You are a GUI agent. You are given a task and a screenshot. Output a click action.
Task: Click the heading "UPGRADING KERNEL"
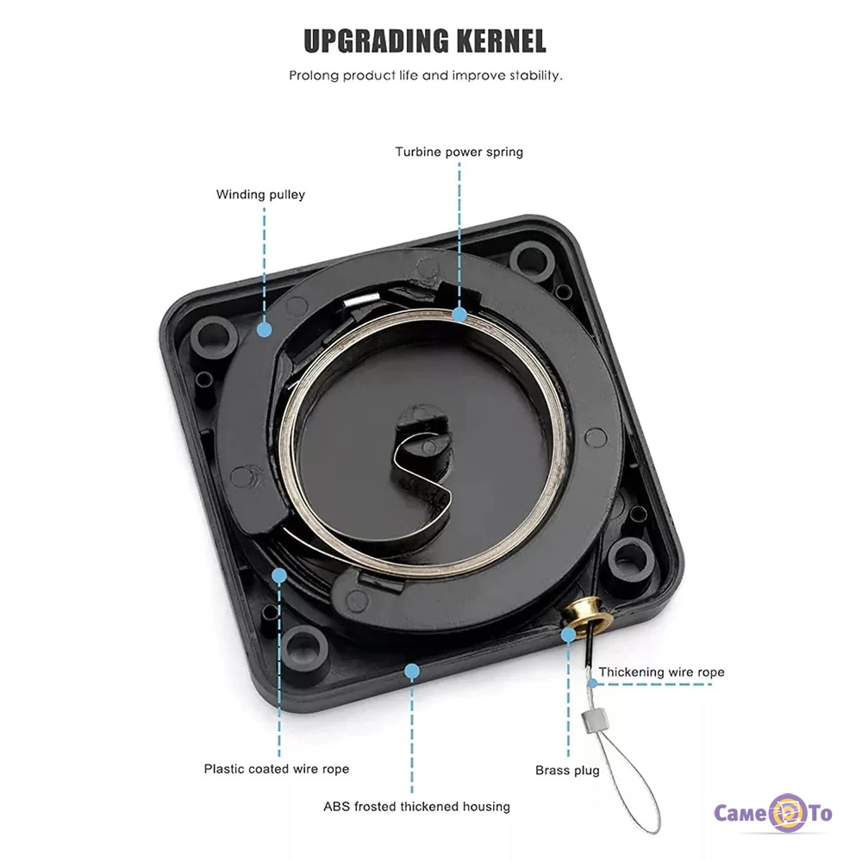[x=425, y=41]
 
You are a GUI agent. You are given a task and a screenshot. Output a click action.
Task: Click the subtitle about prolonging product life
[x=425, y=75]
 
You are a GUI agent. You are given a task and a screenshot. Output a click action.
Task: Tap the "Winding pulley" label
[x=260, y=194]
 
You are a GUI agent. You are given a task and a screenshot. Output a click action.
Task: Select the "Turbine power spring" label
[x=459, y=152]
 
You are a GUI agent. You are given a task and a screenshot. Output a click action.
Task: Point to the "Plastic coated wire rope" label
[x=277, y=768]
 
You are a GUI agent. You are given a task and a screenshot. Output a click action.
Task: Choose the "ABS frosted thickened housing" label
[x=416, y=807]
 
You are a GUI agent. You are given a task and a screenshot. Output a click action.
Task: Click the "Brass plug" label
[x=567, y=770]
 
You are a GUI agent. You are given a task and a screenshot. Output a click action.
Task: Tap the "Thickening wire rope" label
[x=661, y=671]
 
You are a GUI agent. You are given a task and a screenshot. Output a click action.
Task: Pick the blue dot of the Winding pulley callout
[x=264, y=328]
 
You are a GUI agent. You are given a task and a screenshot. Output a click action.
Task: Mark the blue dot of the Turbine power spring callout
[x=459, y=315]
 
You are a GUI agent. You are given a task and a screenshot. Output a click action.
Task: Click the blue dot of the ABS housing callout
[x=412, y=669]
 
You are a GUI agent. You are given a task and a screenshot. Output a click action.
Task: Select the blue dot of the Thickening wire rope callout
[x=591, y=684]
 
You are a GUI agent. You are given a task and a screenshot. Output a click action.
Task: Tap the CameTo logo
[x=773, y=814]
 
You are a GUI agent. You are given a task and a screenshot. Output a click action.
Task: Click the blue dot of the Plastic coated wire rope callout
[x=278, y=574]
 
